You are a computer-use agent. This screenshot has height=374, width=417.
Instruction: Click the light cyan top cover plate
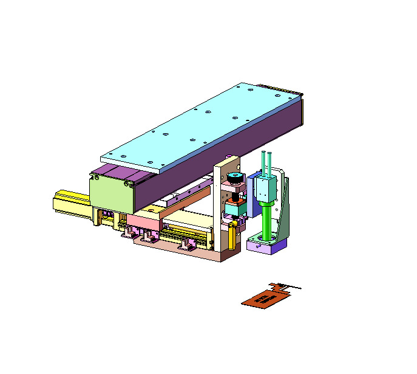pyautogui.click(x=200, y=125)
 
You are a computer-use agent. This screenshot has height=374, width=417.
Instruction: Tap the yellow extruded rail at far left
pyautogui.click(x=70, y=203)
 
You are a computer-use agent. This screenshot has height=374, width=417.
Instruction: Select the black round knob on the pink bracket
pyautogui.click(x=234, y=177)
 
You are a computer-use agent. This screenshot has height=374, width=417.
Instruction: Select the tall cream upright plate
pyautogui.click(x=218, y=207)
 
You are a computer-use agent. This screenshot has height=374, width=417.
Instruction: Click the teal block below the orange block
pyautogui.click(x=233, y=209)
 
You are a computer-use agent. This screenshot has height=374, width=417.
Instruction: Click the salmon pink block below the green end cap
pyautogui.click(x=143, y=220)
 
